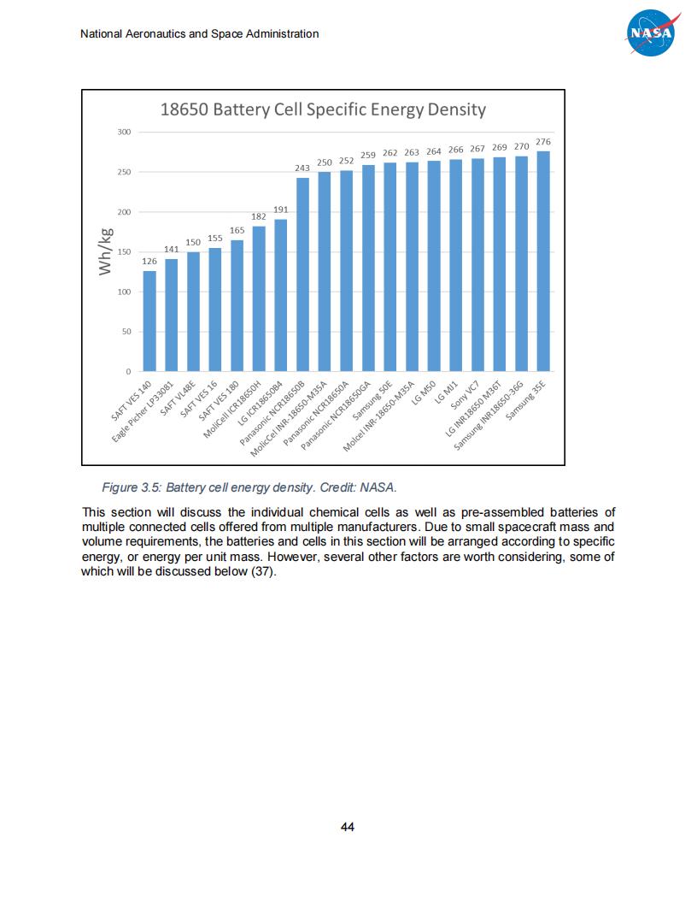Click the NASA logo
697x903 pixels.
[x=653, y=33]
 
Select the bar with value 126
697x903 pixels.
[x=149, y=321]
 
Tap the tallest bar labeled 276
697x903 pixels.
[x=543, y=261]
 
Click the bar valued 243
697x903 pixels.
[x=302, y=274]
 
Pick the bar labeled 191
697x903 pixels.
[x=281, y=295]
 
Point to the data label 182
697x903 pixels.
[x=259, y=217]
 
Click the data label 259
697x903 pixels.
[x=368, y=155]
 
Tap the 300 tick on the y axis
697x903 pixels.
[x=124, y=132]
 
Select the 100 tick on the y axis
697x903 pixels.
[x=124, y=292]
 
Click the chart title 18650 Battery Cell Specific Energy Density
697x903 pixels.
[x=323, y=109]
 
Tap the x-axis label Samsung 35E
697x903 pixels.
[x=526, y=401]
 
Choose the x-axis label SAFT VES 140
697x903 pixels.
[x=132, y=401]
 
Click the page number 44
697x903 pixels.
[x=348, y=827]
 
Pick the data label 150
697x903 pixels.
[x=193, y=243]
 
